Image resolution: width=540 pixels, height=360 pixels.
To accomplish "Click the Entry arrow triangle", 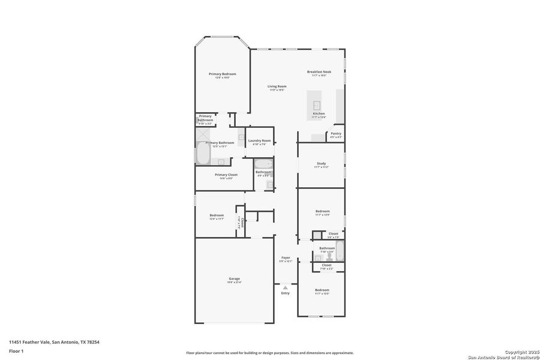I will pos(285,287).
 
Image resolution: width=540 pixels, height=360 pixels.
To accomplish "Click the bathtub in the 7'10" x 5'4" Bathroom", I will pos(340,250).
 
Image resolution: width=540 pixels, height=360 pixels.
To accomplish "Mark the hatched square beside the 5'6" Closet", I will pos(316,235).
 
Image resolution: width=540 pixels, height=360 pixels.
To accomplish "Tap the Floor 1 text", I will pos(16,350).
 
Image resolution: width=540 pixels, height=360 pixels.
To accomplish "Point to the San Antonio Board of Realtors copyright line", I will pos(503,355).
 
